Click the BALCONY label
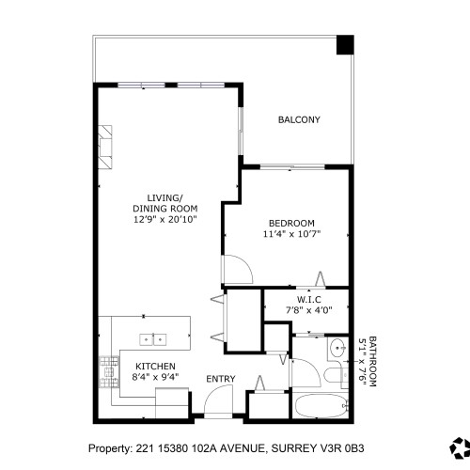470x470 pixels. pos(299,120)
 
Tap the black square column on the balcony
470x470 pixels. pos(345,43)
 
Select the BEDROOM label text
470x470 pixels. pos(290,223)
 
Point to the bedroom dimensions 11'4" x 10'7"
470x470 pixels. pos(290,234)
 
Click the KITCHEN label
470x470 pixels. pos(155,367)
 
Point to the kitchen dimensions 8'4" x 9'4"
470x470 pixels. pos(156,378)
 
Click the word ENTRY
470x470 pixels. pos(220,380)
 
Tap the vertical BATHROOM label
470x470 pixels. pos(371,363)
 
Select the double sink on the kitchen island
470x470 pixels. pos(152,338)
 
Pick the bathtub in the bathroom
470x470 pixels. pos(319,406)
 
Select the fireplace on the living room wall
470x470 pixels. pos(105,146)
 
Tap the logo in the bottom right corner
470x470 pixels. pos(460,448)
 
